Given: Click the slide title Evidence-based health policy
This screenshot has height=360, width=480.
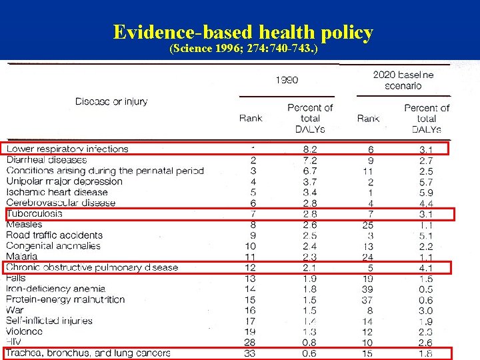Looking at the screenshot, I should coord(243,32).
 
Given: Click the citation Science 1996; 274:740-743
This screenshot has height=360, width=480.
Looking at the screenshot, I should coord(243,49).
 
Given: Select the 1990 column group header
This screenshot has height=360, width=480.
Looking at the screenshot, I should coord(287,80).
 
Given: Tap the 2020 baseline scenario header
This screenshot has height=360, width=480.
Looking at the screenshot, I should coord(403,80).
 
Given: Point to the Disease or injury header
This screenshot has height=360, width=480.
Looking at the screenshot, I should coord(111,101).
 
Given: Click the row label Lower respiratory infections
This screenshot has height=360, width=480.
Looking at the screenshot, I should coord(67,149).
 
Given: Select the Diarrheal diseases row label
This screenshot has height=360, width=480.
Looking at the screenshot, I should coord(47,159).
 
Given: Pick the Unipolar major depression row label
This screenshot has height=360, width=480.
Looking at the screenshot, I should coord(65,181).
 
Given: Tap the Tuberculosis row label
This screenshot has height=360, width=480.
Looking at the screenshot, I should coord(35,213).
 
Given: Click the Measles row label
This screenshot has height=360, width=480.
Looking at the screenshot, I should coord(25,225).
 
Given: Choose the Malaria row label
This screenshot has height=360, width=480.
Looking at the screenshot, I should coord(22,256).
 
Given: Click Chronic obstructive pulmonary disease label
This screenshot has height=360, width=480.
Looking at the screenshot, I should coord(92,267).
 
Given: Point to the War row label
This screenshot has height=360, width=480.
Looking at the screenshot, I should coord(15,310).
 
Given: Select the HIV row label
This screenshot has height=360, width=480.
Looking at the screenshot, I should coord(14,342).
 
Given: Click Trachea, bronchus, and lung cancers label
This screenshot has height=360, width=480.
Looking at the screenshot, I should coord(88,353).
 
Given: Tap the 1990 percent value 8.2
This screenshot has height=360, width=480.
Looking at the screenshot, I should coord(310,149).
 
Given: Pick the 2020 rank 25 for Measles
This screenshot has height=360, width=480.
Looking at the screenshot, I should coord(369,225).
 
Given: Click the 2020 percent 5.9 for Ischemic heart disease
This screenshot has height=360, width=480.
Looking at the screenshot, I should coord(427,192).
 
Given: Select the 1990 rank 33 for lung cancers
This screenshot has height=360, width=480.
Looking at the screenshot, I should coord(249,353).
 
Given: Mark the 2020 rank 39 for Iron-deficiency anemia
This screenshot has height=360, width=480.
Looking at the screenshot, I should coord(369,289).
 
